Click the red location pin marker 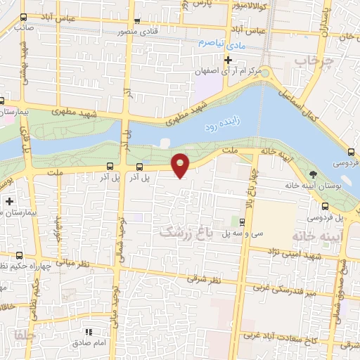(x=181, y=165)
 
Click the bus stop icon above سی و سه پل (x=242, y=222)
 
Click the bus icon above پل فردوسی (x=326, y=207)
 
